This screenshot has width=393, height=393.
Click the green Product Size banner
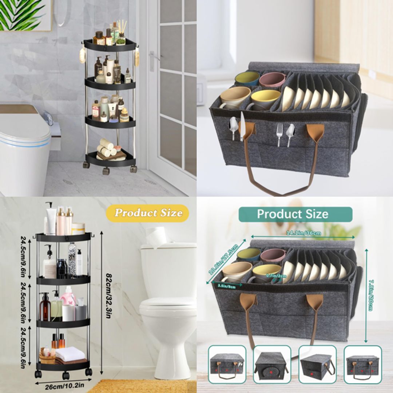[x=295, y=214]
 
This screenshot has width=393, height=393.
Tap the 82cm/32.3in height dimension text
[x=108, y=296]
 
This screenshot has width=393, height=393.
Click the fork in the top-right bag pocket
[x=279, y=134]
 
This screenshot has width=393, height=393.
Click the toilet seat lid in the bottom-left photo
[x=168, y=302]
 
